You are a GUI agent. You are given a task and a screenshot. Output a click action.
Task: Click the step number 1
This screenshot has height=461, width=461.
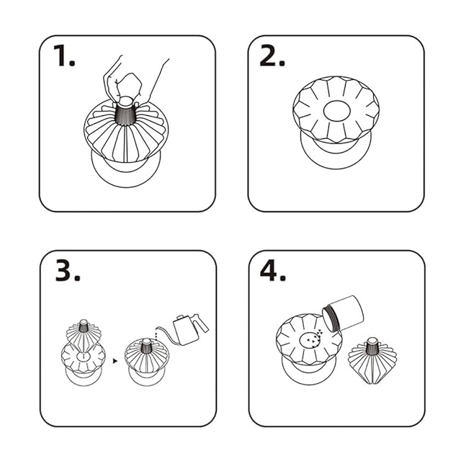[64, 56]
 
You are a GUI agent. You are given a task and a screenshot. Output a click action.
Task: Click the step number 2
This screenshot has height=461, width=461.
[272, 56]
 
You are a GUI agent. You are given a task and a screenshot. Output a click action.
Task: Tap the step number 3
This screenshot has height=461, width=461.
[68, 271]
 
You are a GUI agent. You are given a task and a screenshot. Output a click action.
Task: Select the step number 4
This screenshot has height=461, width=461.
[273, 271]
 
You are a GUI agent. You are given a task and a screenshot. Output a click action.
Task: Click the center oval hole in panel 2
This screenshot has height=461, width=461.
[337, 111]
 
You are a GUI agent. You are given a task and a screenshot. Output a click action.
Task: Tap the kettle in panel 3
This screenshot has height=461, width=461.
[188, 328]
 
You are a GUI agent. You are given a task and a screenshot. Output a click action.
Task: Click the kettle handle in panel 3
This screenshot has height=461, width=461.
[202, 323]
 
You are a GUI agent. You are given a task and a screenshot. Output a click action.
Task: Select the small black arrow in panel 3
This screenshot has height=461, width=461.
[115, 361]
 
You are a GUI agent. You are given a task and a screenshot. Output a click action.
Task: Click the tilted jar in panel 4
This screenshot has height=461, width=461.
[343, 313]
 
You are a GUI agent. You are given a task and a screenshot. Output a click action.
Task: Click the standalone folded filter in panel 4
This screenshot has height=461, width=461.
[372, 361]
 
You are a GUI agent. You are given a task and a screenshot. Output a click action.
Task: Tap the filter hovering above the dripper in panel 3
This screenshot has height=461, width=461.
[84, 334]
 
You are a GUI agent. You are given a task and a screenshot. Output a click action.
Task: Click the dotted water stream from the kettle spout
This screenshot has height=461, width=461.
[157, 334]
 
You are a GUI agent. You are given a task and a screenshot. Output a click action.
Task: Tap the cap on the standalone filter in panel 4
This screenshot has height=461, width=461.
[372, 340]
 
